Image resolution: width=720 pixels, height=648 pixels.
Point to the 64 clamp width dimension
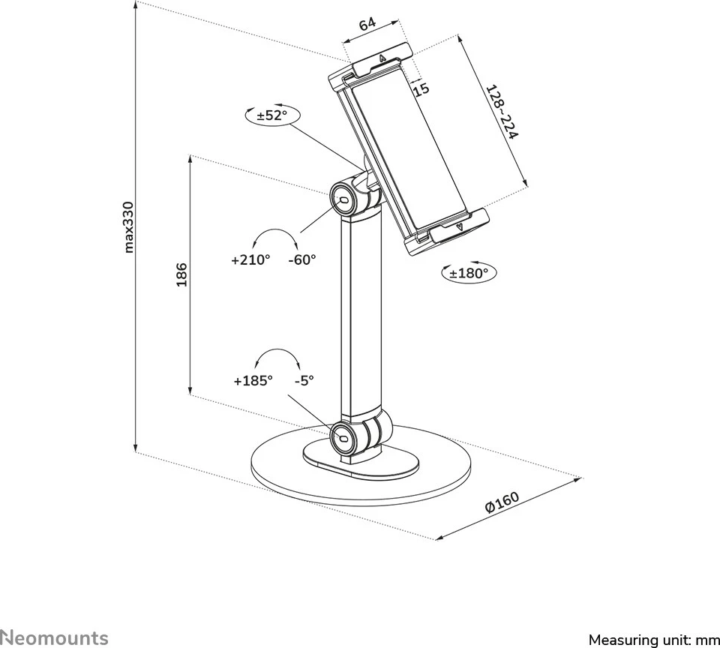[367, 24]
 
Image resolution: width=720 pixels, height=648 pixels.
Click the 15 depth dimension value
[421, 89]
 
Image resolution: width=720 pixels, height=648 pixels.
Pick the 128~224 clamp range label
[502, 113]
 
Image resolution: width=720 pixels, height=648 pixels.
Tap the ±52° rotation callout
[271, 115]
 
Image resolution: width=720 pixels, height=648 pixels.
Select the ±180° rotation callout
[469, 274]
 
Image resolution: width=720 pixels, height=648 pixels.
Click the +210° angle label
[250, 259]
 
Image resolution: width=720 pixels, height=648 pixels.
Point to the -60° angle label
[303, 259]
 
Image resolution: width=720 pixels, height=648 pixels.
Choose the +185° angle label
[253, 380]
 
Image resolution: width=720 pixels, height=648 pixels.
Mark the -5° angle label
[304, 380]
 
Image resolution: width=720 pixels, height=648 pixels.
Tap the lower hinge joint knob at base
[344, 435]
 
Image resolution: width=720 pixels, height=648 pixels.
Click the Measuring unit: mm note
[653, 640]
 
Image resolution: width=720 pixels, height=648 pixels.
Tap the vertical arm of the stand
[361, 315]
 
